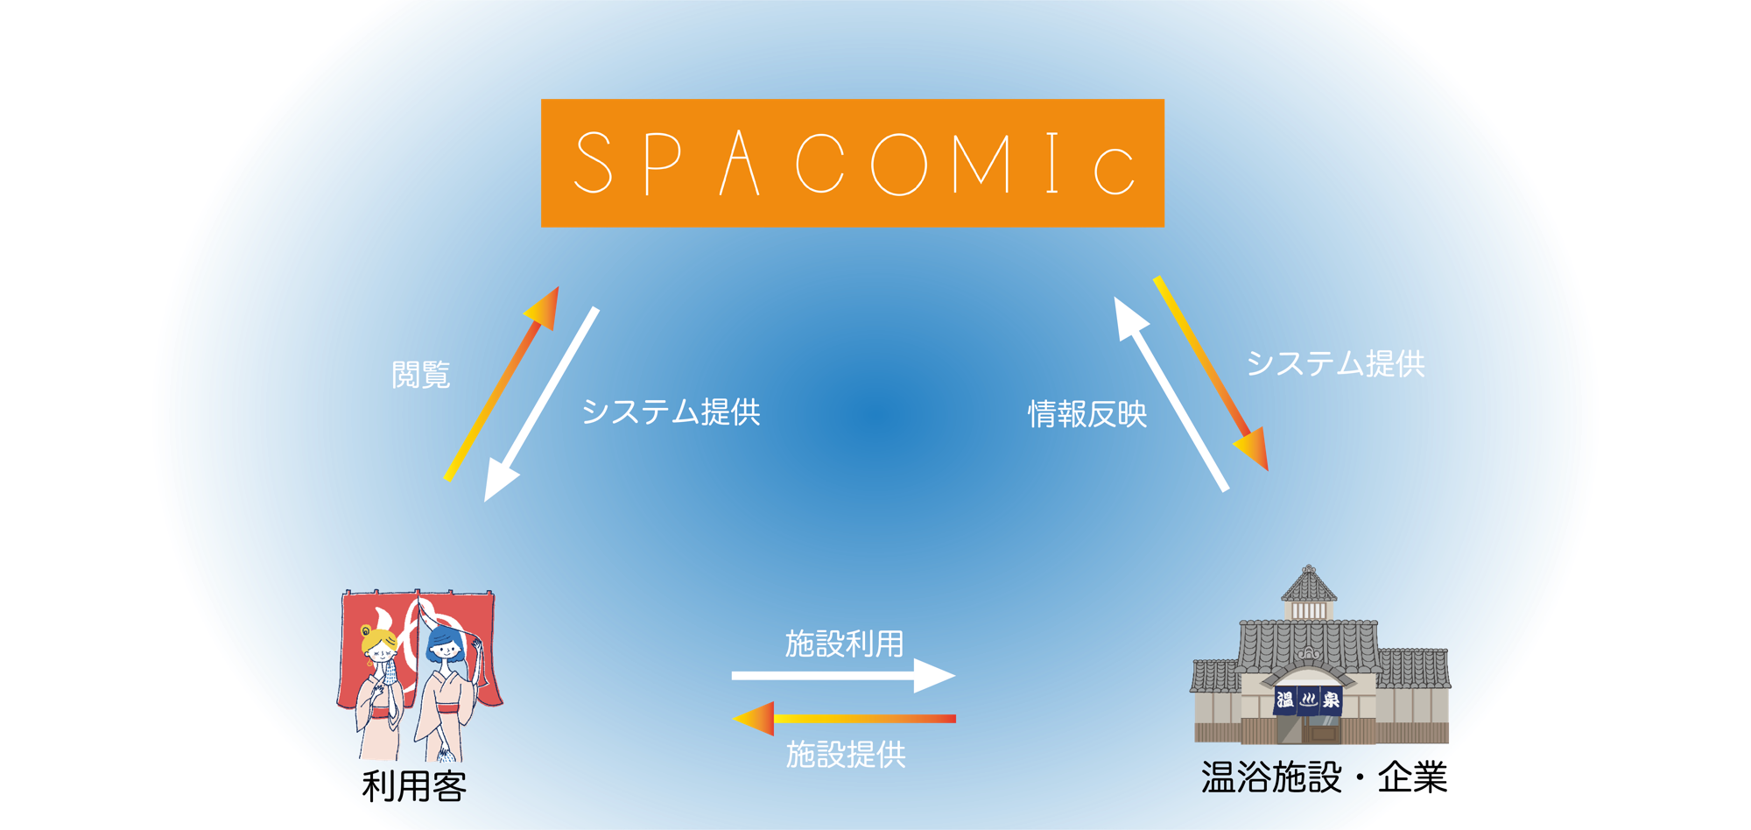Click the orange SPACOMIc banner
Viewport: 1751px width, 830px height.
(x=853, y=163)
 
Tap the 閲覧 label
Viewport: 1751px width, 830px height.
(x=421, y=375)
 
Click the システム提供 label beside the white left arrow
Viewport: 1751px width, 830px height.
(x=672, y=411)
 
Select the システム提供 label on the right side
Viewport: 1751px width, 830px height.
(x=1336, y=363)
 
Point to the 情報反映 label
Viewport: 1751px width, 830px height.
(x=1087, y=413)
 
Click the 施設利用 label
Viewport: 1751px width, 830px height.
(x=845, y=644)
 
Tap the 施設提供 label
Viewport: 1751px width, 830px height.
(x=846, y=754)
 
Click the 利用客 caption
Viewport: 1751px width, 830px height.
(x=414, y=786)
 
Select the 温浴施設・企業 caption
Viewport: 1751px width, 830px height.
(x=1325, y=777)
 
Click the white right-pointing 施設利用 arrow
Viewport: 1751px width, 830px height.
(x=843, y=675)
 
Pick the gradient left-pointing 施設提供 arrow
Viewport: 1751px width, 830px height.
(x=843, y=719)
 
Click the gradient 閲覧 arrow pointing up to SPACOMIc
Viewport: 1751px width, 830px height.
(x=502, y=383)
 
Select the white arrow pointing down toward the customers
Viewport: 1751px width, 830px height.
(x=541, y=404)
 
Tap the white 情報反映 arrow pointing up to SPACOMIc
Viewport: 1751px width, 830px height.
(x=1171, y=394)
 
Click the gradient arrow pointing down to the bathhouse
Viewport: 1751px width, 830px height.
(x=1211, y=374)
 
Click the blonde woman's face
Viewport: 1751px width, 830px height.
(x=383, y=649)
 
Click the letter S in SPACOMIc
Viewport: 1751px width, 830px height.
(x=594, y=162)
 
